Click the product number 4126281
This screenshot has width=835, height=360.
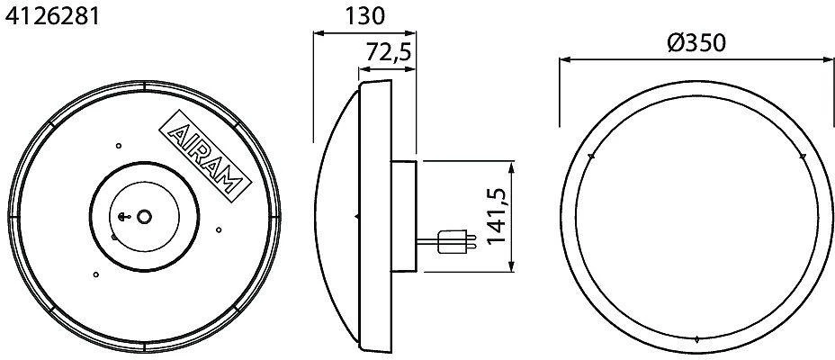coord(51,16)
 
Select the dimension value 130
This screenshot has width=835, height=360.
coord(364,16)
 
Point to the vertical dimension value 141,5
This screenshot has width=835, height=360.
coord(497,217)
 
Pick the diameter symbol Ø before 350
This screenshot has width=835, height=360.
coord(675,43)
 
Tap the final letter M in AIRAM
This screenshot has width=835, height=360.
coord(233,182)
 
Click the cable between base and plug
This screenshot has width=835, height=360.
coord(427,242)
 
